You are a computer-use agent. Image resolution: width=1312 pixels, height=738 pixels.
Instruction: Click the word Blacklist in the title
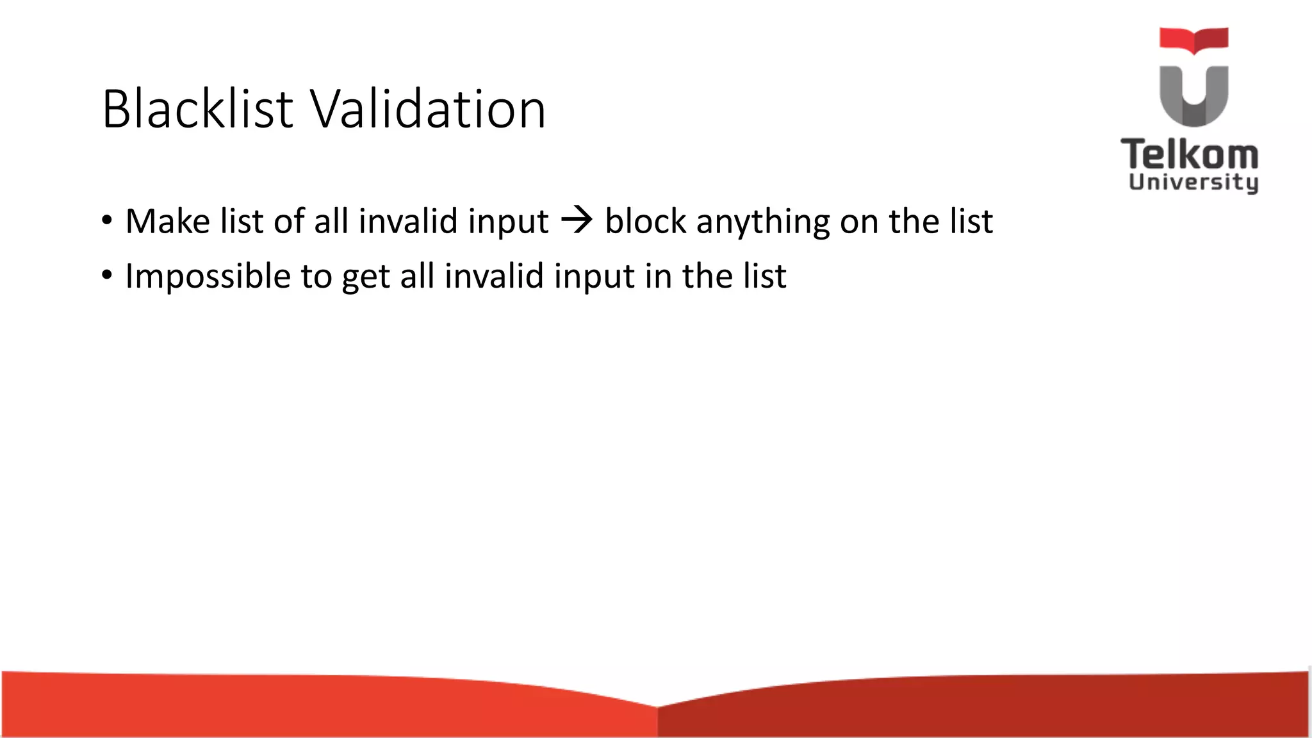(197, 109)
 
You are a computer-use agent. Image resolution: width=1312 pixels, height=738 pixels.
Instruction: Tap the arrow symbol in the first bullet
(577, 221)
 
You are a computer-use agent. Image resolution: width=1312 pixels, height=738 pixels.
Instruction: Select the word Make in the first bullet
(167, 221)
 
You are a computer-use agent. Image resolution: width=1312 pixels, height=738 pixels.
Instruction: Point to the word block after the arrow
(646, 221)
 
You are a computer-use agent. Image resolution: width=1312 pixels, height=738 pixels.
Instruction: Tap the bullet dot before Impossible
(107, 276)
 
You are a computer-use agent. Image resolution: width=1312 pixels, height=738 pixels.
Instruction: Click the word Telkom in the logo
(1190, 154)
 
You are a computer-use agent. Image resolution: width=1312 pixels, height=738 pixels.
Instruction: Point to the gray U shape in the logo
(1193, 96)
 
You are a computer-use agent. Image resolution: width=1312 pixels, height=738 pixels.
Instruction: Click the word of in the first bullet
(289, 221)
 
